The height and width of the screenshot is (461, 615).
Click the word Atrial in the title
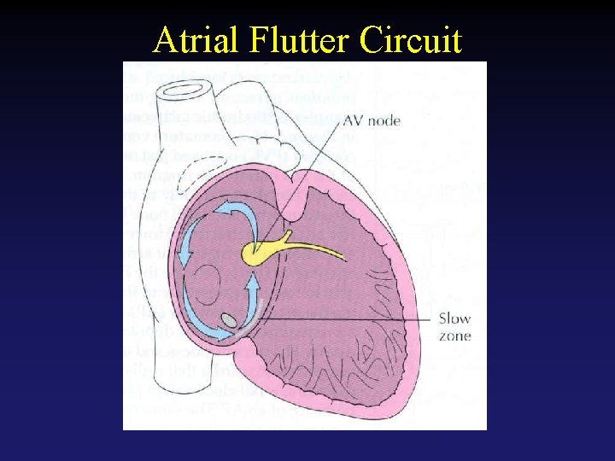point(198,40)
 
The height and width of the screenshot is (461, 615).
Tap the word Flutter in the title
point(302,40)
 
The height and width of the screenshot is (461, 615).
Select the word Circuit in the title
point(412,40)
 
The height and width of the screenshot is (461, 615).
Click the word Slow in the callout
point(454,319)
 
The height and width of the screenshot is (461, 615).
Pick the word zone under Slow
point(454,336)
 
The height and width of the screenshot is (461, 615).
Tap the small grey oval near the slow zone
point(228,321)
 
